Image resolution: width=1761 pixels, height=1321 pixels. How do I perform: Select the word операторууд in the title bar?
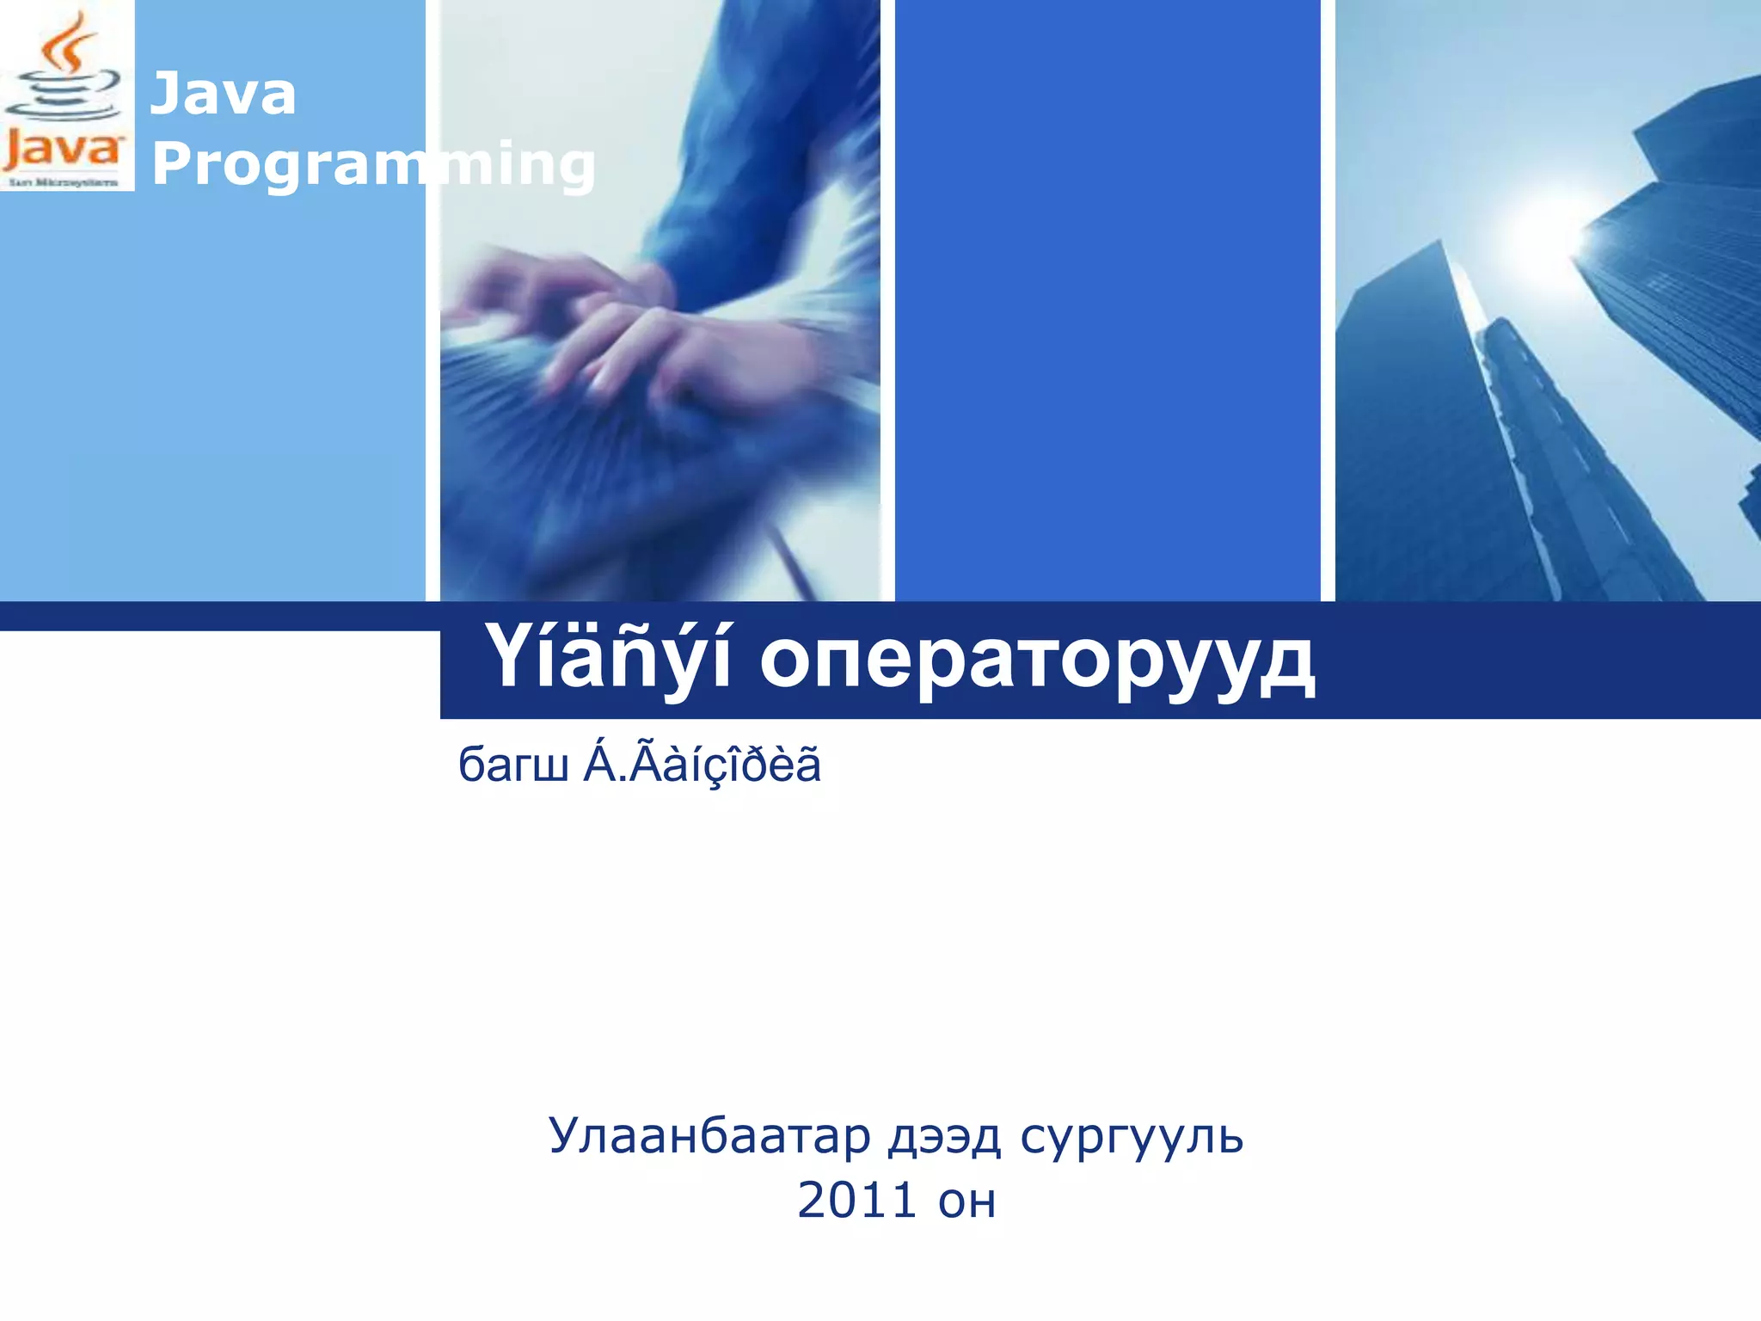click(1037, 660)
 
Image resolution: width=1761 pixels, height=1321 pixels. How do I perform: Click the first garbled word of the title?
click(609, 659)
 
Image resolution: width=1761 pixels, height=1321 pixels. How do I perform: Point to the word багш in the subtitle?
click(512, 765)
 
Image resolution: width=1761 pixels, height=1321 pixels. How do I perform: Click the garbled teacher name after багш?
click(703, 764)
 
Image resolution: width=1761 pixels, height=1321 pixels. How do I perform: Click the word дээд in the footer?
click(944, 1137)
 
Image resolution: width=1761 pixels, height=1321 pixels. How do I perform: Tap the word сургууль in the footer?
click(1132, 1137)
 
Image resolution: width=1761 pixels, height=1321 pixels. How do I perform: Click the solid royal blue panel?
click(1108, 301)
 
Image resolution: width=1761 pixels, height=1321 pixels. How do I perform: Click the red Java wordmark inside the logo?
click(62, 151)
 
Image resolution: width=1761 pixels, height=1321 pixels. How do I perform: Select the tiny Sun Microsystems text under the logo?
click(63, 182)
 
